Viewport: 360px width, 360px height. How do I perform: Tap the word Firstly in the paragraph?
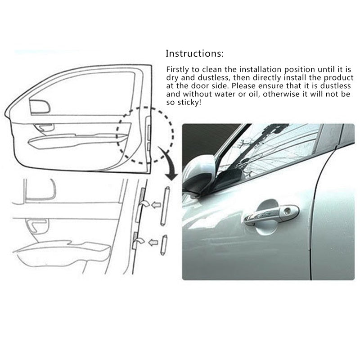[x=177, y=70]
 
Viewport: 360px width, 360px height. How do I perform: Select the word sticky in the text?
[x=189, y=103]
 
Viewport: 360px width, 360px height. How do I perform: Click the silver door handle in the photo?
[x=271, y=215]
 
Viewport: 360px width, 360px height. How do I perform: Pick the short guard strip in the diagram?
[x=164, y=245]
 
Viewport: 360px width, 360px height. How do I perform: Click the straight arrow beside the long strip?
[x=156, y=204]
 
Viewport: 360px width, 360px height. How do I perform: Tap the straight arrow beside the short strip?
[x=153, y=242]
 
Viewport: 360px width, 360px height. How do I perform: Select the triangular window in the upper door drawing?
[x=40, y=107]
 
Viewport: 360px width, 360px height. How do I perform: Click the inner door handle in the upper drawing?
[x=44, y=127]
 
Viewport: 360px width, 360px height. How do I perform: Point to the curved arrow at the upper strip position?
[x=144, y=203]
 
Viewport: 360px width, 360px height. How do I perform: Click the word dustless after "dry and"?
[x=213, y=78]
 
